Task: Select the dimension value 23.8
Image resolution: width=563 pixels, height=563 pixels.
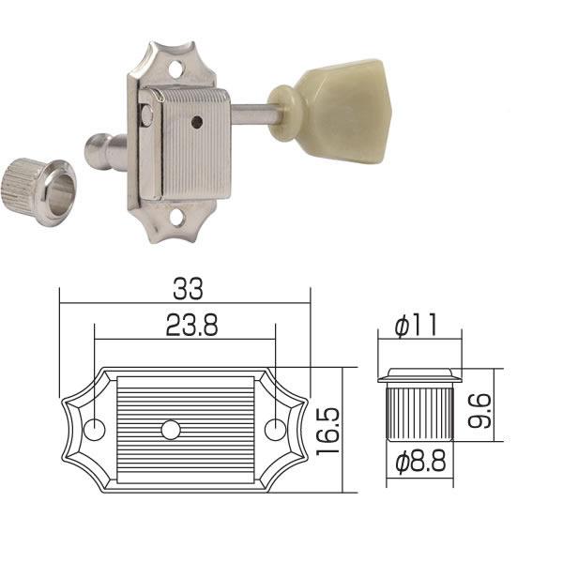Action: tap(184, 327)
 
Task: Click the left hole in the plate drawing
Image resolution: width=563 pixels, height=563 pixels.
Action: tap(95, 431)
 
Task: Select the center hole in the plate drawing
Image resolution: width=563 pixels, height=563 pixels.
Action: tap(170, 431)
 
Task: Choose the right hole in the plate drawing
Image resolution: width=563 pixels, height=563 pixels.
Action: tap(274, 431)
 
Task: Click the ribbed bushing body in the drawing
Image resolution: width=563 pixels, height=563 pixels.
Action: tap(419, 414)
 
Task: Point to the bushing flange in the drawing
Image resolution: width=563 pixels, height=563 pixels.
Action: tap(419, 377)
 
